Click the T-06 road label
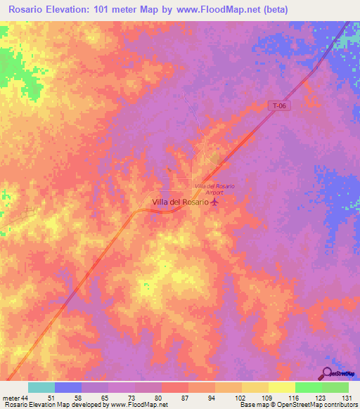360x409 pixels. pyautogui.click(x=281, y=106)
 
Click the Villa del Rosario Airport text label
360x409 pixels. pyautogui.click(x=214, y=188)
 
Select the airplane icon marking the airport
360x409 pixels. pyautogui.click(x=215, y=202)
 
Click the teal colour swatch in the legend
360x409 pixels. pyautogui.click(x=41, y=387)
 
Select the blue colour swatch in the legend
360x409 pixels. pyautogui.click(x=67, y=387)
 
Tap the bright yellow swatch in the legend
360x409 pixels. pyautogui.click(x=281, y=387)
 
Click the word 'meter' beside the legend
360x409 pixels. pyautogui.click(x=10, y=398)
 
